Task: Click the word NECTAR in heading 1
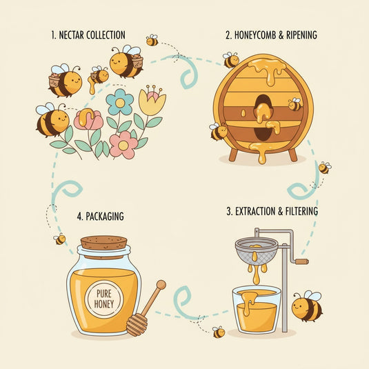71,35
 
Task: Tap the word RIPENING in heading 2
301,35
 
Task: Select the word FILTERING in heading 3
301,211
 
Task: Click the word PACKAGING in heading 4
105,217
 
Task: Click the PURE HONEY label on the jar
104,299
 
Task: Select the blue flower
120,102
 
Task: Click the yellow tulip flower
152,100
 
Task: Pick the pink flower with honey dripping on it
88,119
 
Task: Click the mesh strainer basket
257,250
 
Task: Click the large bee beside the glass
307,306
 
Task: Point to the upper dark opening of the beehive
262,105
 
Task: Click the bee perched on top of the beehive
231,59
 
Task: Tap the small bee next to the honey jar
59,239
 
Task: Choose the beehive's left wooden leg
233,154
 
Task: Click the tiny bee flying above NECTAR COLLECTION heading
152,40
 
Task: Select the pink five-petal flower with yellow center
123,145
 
